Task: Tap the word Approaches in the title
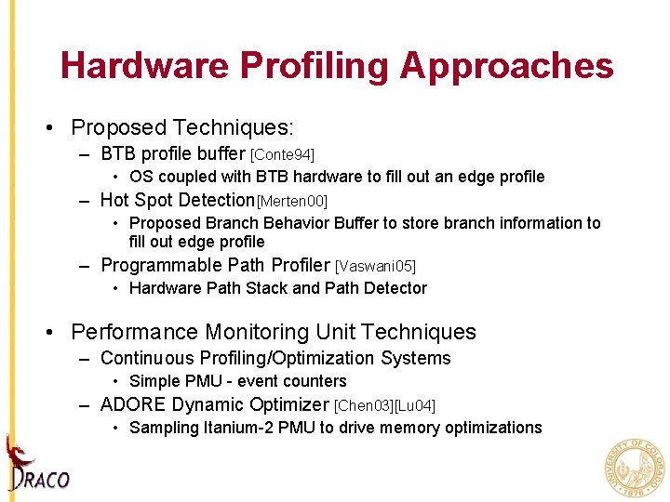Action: click(507, 66)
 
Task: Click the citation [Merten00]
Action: click(292, 201)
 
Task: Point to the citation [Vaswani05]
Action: click(375, 267)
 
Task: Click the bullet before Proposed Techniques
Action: click(57, 128)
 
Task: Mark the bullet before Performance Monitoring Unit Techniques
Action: click(57, 333)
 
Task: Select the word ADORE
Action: click(133, 405)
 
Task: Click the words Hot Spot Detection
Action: click(177, 200)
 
